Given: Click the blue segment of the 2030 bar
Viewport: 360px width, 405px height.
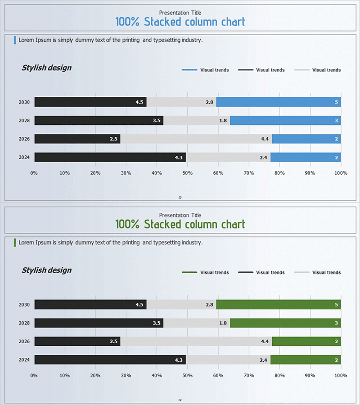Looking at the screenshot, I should (x=278, y=102).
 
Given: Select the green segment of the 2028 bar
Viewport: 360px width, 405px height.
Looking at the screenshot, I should (x=285, y=323).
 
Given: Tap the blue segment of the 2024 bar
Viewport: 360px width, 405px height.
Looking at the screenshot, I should (x=305, y=157).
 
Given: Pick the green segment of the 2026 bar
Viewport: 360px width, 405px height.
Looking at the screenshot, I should (x=306, y=342).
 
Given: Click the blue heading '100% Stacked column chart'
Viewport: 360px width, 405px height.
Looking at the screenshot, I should (x=180, y=22).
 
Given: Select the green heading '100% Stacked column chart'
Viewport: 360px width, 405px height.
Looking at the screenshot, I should (x=180, y=224).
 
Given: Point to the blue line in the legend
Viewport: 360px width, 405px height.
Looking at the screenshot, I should (x=189, y=70).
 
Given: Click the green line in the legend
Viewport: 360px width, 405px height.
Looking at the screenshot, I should (x=189, y=273).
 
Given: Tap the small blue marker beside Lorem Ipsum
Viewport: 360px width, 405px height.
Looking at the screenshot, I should (x=15, y=40).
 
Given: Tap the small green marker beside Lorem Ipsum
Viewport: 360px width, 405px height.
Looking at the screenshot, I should (x=15, y=243).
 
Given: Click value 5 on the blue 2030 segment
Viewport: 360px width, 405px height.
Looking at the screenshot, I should (x=336, y=103).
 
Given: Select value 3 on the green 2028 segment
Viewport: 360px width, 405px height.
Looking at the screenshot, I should (x=336, y=323).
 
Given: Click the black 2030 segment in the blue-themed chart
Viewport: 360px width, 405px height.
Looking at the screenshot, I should (x=90, y=102).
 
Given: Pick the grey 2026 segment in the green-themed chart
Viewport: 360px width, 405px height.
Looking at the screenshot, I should (x=196, y=342).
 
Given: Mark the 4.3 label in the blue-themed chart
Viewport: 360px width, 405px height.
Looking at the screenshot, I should (x=179, y=157).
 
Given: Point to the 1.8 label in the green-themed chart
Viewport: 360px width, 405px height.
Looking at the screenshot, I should (x=223, y=323).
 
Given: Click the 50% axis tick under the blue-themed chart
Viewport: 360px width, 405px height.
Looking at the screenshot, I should (x=187, y=173).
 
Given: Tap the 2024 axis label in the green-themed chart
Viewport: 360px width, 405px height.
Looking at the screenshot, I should (x=24, y=360).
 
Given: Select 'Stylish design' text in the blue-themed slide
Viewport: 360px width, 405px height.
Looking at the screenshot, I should (x=46, y=68).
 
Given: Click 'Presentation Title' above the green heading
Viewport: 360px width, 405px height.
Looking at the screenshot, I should (x=180, y=215).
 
